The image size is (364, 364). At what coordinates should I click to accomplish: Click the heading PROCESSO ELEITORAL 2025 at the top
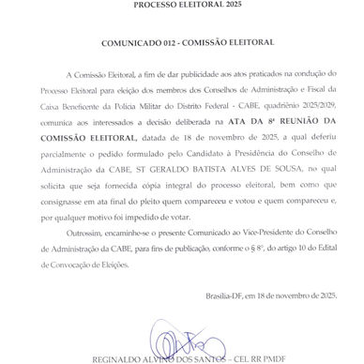tap(182, 5)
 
